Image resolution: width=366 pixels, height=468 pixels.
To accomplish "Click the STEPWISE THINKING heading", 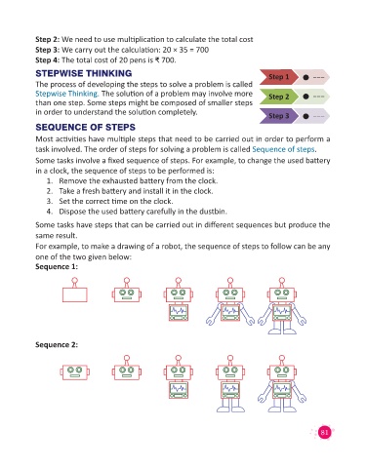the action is (x=84, y=73).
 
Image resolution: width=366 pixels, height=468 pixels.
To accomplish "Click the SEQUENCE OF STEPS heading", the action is (x=86, y=127).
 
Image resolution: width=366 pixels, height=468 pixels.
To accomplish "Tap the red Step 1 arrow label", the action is (x=278, y=77).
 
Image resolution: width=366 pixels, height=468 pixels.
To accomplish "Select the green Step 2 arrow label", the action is (x=278, y=97).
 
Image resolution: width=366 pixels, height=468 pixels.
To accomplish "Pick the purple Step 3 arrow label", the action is (x=278, y=116).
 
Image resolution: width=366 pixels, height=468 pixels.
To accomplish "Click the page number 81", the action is (x=324, y=432).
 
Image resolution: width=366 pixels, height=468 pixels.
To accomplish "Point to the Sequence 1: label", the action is (x=57, y=267).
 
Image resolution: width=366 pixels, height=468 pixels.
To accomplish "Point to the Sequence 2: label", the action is (x=57, y=344).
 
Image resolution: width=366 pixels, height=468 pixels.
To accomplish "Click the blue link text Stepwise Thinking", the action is (x=66, y=94).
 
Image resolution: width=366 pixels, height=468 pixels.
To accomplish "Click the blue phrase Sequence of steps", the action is (x=283, y=149).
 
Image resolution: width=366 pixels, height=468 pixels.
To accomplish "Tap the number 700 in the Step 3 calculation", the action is (x=202, y=50).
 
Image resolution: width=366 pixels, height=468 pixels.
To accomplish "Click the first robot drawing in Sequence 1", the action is (x=75, y=290).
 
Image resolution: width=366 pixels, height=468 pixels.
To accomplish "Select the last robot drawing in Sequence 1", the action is (x=282, y=305).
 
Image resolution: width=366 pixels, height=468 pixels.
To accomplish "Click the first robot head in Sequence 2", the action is (x=75, y=371).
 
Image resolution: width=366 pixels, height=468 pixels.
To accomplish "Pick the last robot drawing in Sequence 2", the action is (x=282, y=383).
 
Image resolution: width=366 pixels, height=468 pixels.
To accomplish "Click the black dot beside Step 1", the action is (x=305, y=77).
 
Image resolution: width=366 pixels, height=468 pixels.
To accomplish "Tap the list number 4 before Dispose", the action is (x=50, y=212).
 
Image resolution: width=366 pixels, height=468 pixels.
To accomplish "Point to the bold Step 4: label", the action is (x=48, y=60).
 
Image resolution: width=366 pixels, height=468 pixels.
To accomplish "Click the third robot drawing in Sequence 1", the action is (x=178, y=299).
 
